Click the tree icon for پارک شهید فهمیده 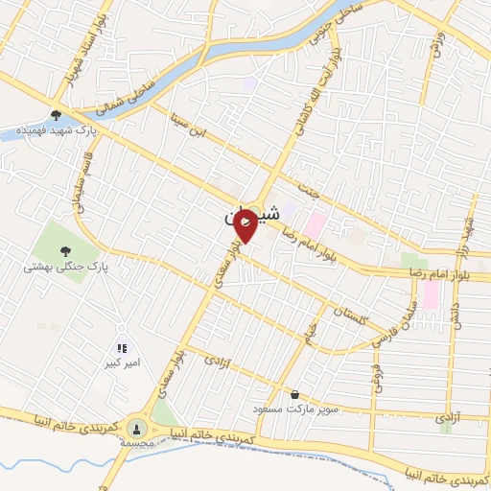point(58,112)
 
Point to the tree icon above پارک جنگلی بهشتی point(65,251)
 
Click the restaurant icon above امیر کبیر point(122,350)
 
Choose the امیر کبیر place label point(122,365)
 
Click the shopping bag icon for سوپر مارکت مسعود point(293,394)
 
